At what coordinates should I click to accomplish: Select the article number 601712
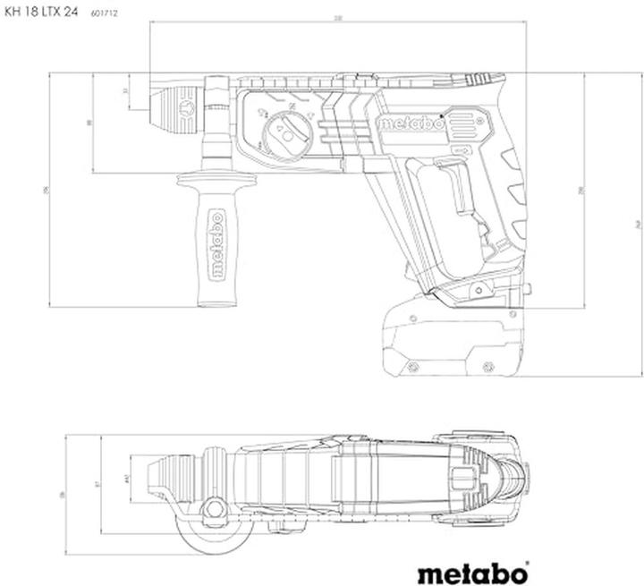106,12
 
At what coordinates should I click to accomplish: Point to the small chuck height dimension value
126,92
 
